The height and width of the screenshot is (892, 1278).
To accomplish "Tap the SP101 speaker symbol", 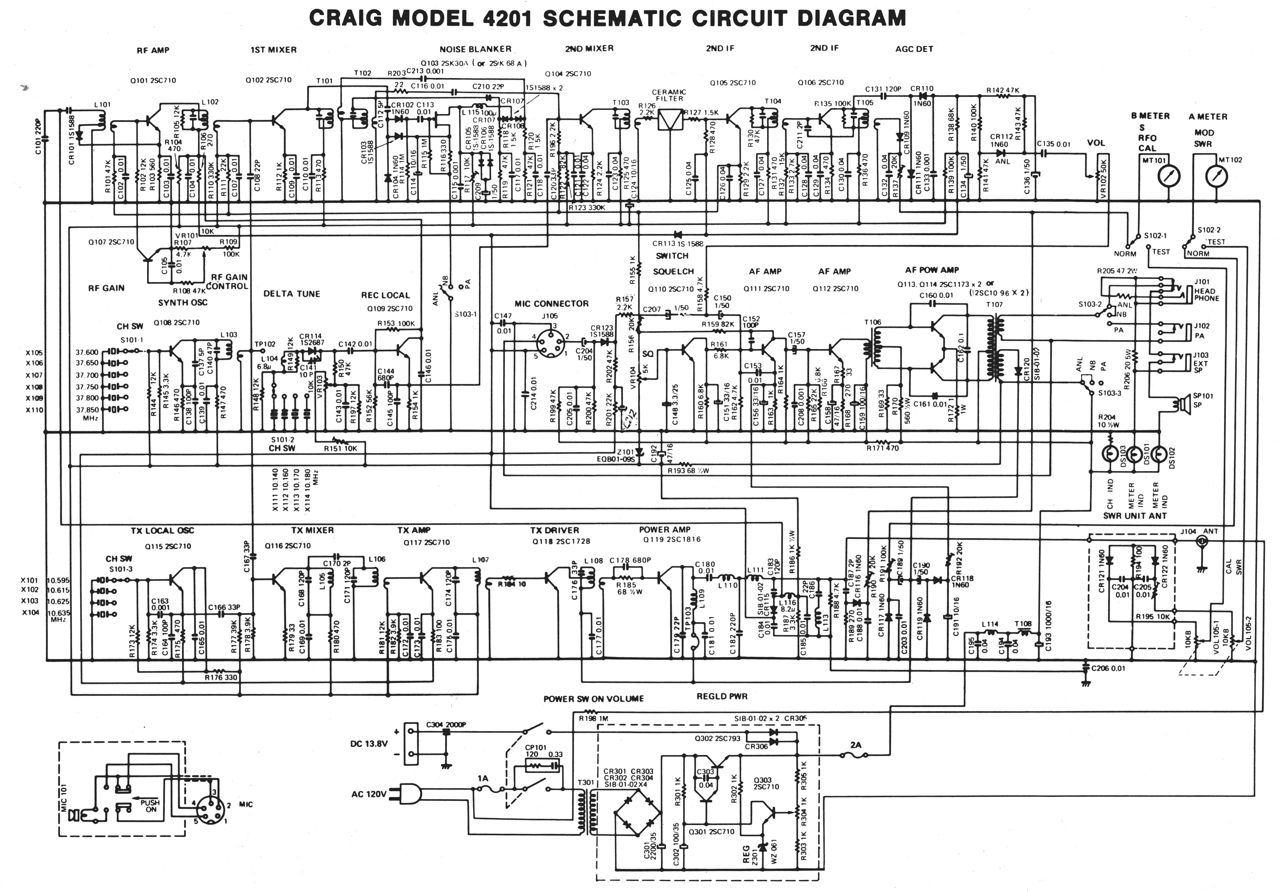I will coord(1182,403).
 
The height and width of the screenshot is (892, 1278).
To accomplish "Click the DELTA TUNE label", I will coord(292,294).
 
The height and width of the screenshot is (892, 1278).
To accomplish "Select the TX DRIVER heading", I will coord(554,530).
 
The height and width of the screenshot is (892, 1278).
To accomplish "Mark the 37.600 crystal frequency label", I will coord(87,352).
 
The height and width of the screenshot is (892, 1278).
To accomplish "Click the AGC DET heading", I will coord(914,49).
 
